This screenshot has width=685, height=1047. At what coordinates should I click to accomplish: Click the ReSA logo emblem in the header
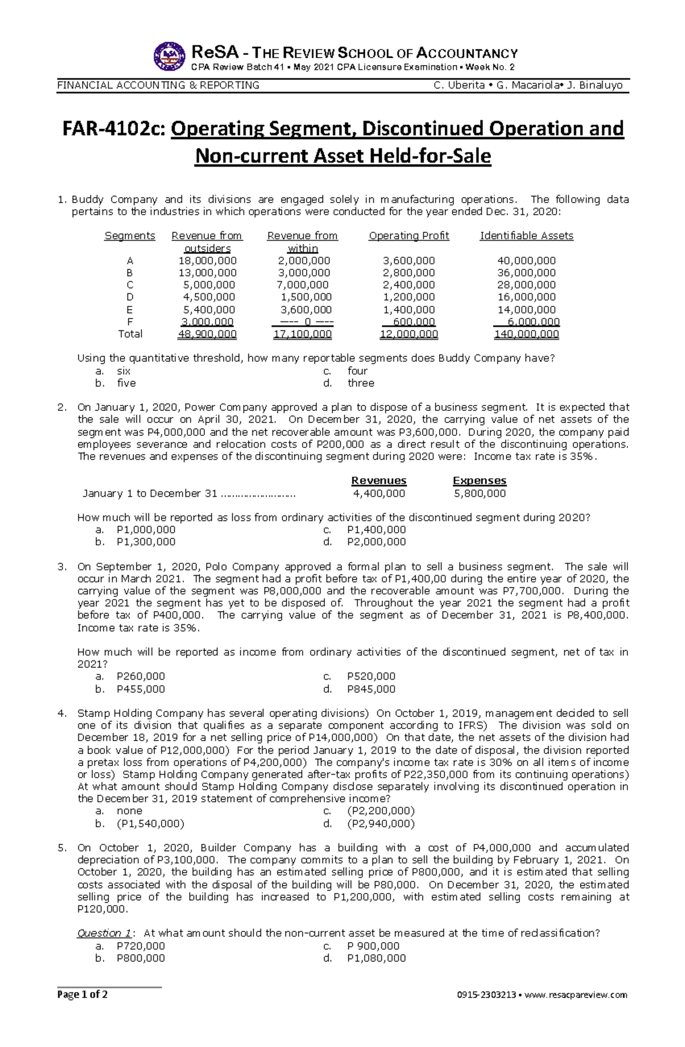170,56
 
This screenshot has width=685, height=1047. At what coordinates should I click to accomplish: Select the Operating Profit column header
409,236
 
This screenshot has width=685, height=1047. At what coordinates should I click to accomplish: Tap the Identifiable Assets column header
526,236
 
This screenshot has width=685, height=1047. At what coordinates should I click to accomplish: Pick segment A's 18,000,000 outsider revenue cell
207,261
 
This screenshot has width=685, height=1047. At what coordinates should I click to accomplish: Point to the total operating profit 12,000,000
409,334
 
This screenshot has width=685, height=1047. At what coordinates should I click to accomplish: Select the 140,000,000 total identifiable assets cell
526,334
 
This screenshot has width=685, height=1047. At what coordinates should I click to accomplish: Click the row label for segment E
130,310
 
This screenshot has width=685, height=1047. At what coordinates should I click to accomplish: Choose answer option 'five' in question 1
126,383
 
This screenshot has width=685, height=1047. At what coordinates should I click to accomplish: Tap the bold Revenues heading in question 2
379,481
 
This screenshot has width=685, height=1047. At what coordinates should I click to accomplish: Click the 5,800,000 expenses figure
479,494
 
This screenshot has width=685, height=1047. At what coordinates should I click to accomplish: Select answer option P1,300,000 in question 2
146,542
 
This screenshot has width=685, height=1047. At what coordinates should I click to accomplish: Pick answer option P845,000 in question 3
371,689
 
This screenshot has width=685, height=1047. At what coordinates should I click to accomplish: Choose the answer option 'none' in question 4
130,811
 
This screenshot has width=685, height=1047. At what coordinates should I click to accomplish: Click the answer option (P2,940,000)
381,824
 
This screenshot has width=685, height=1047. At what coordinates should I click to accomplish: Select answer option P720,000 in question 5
141,946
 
